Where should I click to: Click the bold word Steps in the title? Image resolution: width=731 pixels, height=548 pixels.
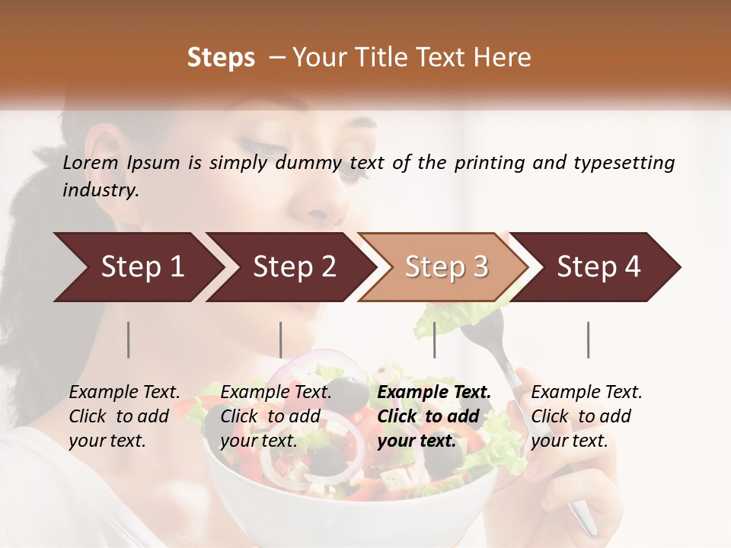(221, 58)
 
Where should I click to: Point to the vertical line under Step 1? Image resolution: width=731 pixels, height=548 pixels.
(129, 339)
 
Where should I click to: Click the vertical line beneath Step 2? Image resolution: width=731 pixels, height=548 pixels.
(281, 339)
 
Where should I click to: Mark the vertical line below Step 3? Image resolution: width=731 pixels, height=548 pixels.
(434, 339)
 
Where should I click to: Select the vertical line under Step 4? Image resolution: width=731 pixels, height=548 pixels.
(588, 339)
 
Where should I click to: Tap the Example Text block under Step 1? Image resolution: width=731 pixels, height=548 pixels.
(124, 416)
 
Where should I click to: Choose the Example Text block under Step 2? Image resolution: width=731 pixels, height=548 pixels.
(276, 416)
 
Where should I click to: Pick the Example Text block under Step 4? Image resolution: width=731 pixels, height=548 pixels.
(586, 416)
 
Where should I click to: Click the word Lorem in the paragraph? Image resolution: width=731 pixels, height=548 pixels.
(91, 163)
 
